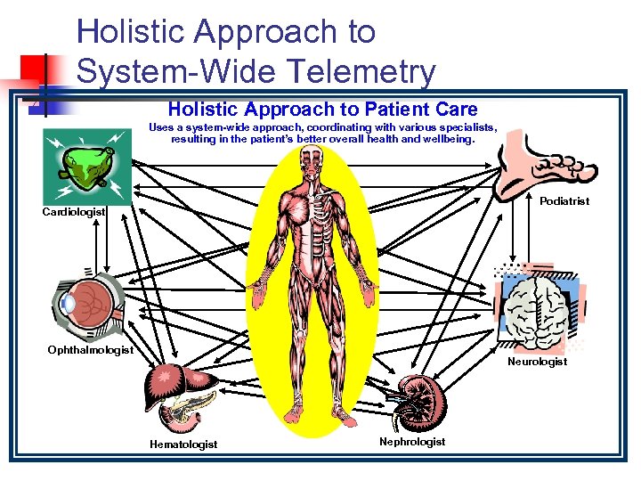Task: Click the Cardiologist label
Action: pos(75,212)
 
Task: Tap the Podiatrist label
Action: pos(564,201)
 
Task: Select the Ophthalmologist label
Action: pos(90,350)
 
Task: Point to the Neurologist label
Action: pos(537,362)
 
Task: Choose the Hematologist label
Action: pos(183,444)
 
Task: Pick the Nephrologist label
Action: pos(412,441)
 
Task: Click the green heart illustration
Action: pos(82,166)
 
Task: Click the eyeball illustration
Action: pos(86,304)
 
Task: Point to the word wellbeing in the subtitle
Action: pos(449,139)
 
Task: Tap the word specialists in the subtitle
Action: pos(463,127)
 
